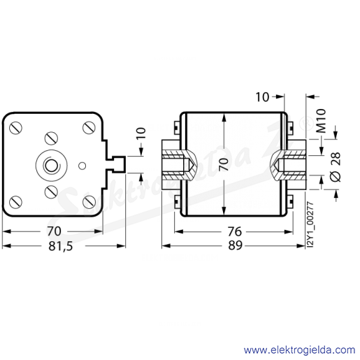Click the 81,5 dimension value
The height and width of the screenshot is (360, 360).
61,246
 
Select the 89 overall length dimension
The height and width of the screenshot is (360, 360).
235,245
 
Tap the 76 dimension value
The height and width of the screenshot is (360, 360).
235,231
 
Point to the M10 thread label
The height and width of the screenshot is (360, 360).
321,121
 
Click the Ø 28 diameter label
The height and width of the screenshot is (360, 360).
336,167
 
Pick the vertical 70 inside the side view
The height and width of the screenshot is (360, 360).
224,164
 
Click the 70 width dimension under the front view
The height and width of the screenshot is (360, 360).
54,231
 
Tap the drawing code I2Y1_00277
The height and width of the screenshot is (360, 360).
310,224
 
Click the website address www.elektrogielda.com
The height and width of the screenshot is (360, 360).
299,350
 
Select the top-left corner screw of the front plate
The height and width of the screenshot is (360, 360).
16,128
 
